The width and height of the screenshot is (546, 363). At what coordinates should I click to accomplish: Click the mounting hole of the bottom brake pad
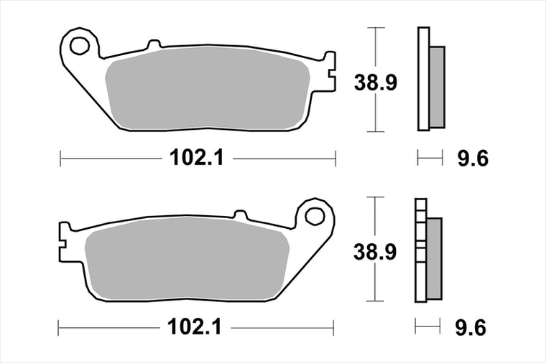click(x=315, y=215)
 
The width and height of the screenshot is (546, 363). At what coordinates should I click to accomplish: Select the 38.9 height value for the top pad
click(x=375, y=82)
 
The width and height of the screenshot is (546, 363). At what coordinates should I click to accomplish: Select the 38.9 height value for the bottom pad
click(x=375, y=252)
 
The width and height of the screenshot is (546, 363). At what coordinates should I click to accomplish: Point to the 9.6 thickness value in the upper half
click(x=473, y=158)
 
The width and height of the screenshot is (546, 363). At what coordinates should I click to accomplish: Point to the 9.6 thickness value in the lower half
click(x=471, y=328)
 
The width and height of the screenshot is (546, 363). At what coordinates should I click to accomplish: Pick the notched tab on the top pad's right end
click(x=329, y=72)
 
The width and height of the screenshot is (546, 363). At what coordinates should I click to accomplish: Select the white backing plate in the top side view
click(x=423, y=79)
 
